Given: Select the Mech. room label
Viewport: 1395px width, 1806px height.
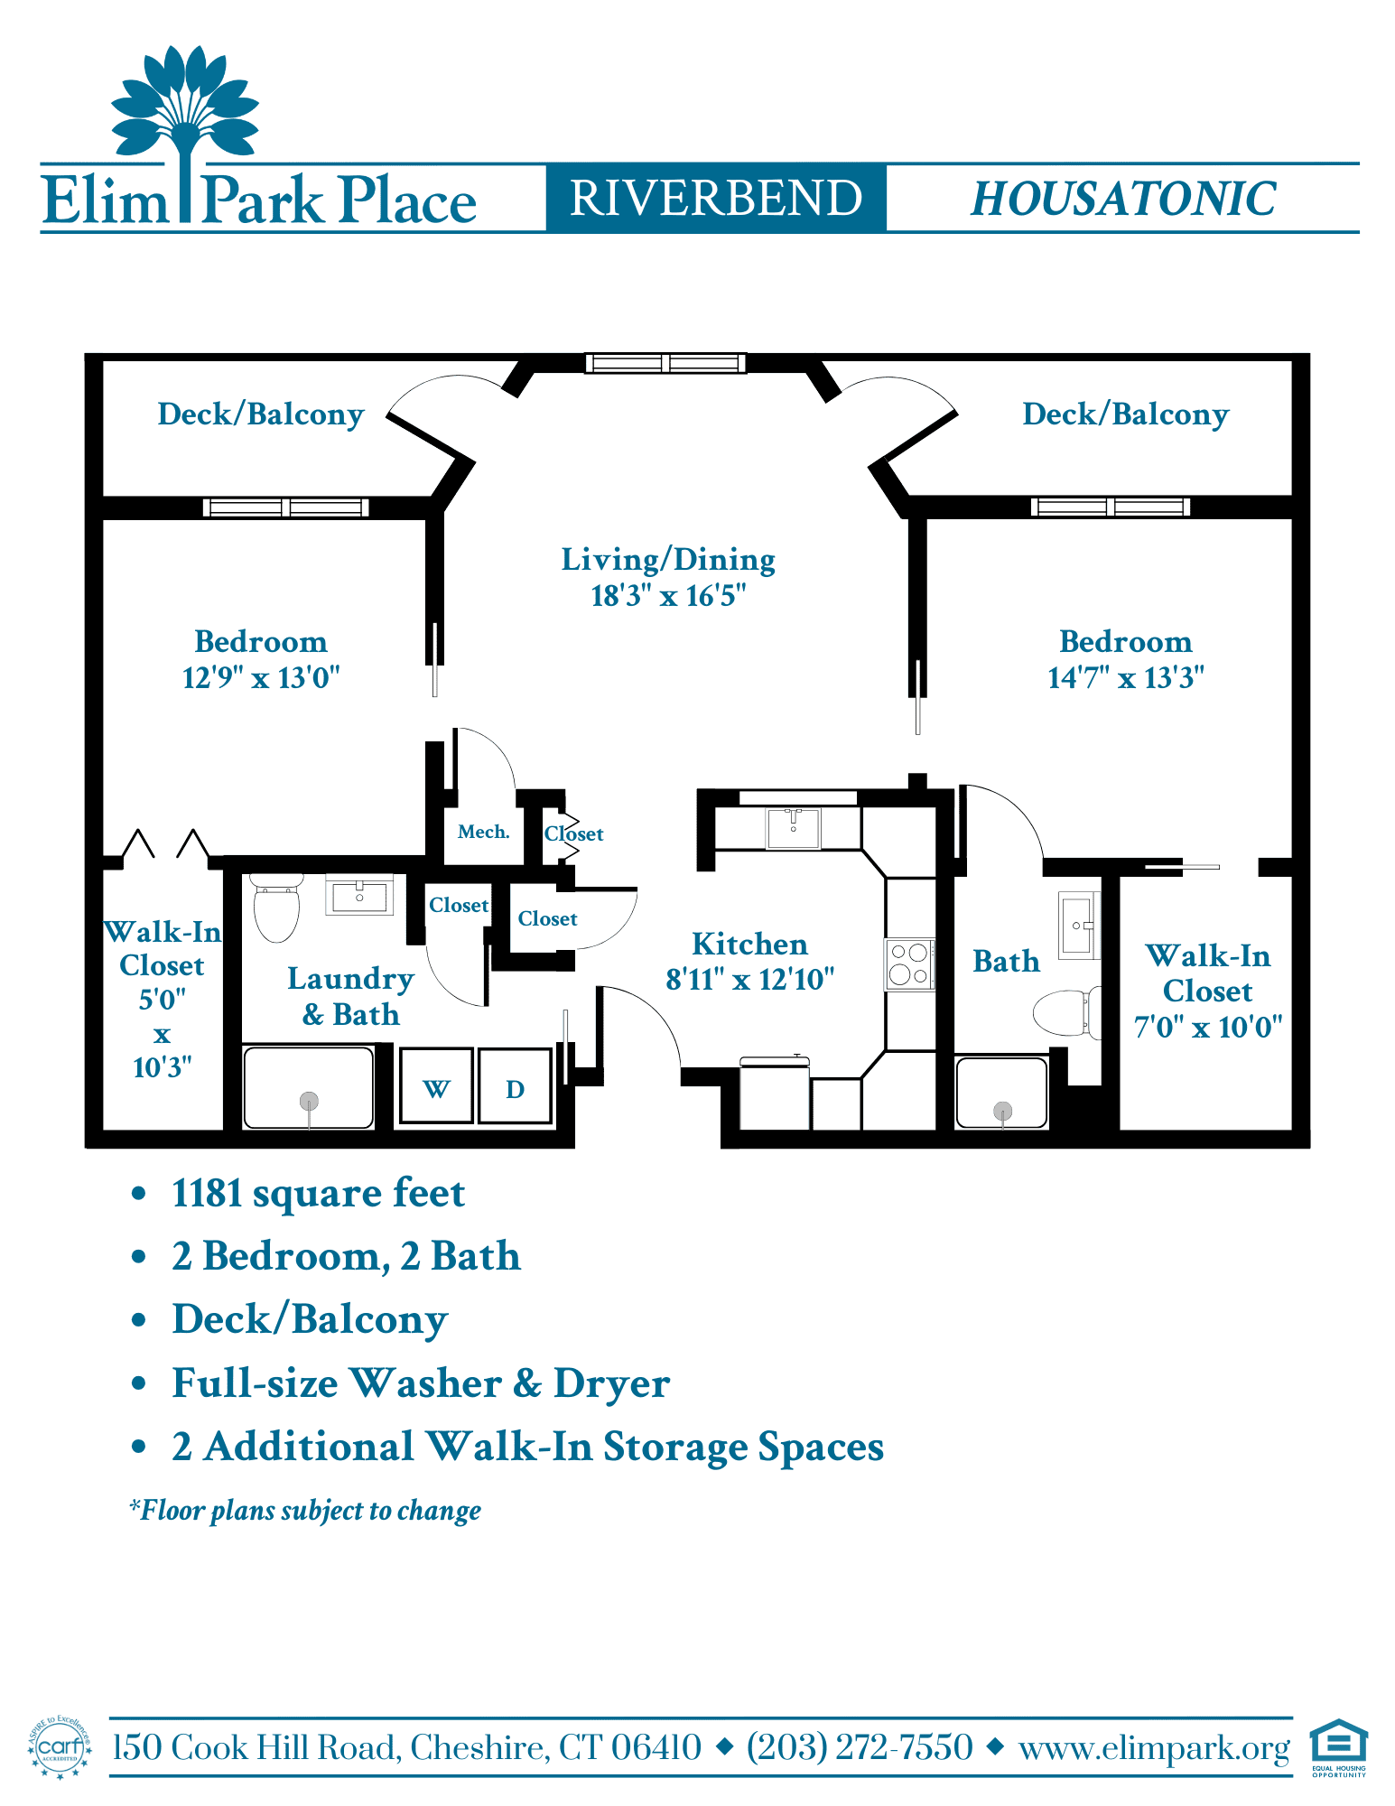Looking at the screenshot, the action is [x=484, y=832].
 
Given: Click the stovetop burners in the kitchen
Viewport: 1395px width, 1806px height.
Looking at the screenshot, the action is [x=909, y=964].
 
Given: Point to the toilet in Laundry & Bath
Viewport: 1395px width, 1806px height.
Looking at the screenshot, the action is [x=276, y=907].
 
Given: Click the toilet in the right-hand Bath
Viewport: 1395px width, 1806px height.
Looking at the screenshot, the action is [x=1066, y=1012].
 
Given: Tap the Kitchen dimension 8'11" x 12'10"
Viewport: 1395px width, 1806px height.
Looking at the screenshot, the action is [x=750, y=980].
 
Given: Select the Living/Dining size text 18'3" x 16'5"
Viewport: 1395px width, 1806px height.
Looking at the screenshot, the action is [x=668, y=596].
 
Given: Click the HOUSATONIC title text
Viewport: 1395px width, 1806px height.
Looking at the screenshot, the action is [x=1123, y=199].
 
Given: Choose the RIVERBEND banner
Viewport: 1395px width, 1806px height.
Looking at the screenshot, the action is [x=716, y=198].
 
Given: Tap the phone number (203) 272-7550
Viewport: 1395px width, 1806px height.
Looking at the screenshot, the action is [x=860, y=1746].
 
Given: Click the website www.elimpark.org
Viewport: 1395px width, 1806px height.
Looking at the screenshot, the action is [x=1155, y=1748].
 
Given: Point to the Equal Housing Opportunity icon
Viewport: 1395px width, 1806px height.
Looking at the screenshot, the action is [x=1339, y=1747].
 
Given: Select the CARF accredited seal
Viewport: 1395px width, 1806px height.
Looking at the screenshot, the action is [x=60, y=1747].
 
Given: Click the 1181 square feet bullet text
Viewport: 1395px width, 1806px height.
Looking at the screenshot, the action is [x=318, y=1193].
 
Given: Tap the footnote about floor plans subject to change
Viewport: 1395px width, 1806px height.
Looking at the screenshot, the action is [x=305, y=1510].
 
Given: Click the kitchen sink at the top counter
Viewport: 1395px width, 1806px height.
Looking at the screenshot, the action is [x=794, y=828].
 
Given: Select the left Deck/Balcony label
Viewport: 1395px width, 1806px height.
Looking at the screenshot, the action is [x=261, y=414].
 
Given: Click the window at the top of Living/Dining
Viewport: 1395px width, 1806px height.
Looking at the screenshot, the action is [x=666, y=363].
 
